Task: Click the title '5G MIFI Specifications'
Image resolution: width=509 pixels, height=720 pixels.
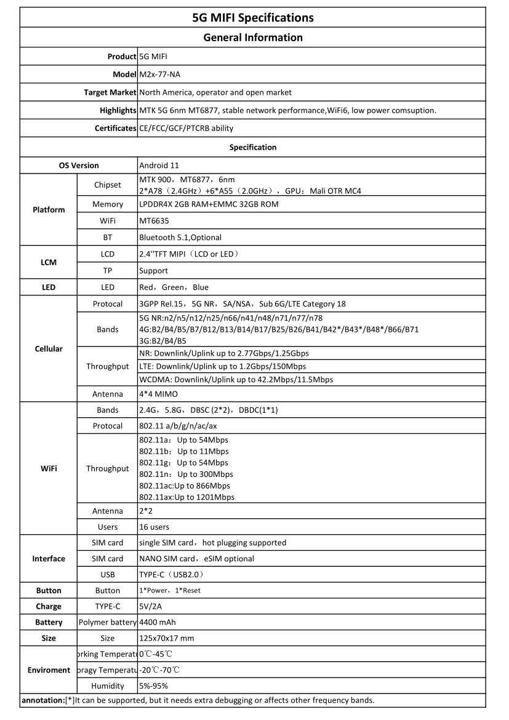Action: [253, 17]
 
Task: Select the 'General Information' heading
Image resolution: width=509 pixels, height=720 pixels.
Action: [253, 38]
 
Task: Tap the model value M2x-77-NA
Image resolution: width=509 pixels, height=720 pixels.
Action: [160, 74]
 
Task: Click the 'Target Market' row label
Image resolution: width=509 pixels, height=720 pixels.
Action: [110, 92]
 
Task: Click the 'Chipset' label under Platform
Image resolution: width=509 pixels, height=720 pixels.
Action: [108, 185]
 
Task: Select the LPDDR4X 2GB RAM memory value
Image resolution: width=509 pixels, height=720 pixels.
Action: [209, 204]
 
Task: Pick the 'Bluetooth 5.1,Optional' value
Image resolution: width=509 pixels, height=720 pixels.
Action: [180, 238]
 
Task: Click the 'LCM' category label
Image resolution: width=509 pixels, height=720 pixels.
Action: [49, 262]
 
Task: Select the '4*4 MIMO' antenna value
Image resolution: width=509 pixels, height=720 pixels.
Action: [159, 394]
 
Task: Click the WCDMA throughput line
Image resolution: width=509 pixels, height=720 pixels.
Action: [236, 380]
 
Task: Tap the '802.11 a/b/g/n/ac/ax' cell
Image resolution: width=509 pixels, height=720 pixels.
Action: [178, 426]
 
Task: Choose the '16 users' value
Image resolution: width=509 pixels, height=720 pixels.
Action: [154, 527]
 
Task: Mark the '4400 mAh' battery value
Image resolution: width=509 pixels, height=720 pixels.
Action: [158, 622]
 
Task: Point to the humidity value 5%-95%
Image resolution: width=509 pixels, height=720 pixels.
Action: [154, 686]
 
